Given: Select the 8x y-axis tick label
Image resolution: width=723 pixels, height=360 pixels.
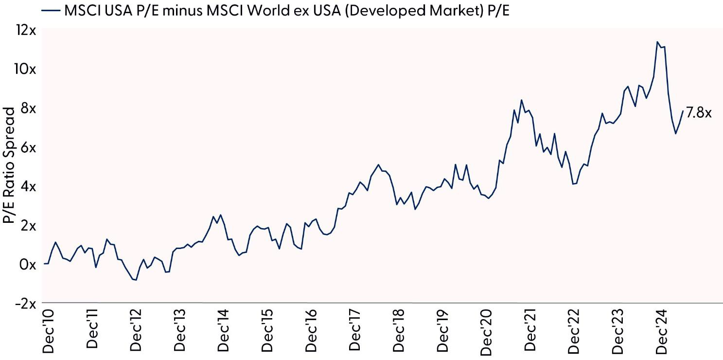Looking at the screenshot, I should pyautogui.click(x=28, y=108).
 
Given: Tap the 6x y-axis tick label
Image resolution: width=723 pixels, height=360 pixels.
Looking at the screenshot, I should pyautogui.click(x=28, y=147).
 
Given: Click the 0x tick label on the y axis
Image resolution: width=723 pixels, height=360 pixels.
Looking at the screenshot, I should pyautogui.click(x=28, y=265).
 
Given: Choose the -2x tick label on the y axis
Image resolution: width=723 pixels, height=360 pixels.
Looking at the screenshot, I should pyautogui.click(x=25, y=303).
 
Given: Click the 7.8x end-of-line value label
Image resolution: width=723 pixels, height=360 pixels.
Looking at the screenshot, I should pyautogui.click(x=699, y=113).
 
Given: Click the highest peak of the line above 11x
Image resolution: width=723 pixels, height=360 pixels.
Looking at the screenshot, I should pyautogui.click(x=657, y=42).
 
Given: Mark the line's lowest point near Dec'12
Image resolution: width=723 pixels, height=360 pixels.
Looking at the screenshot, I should pyautogui.click(x=136, y=280).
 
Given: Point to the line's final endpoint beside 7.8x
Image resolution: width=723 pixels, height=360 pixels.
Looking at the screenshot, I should pyautogui.click(x=683, y=111).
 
